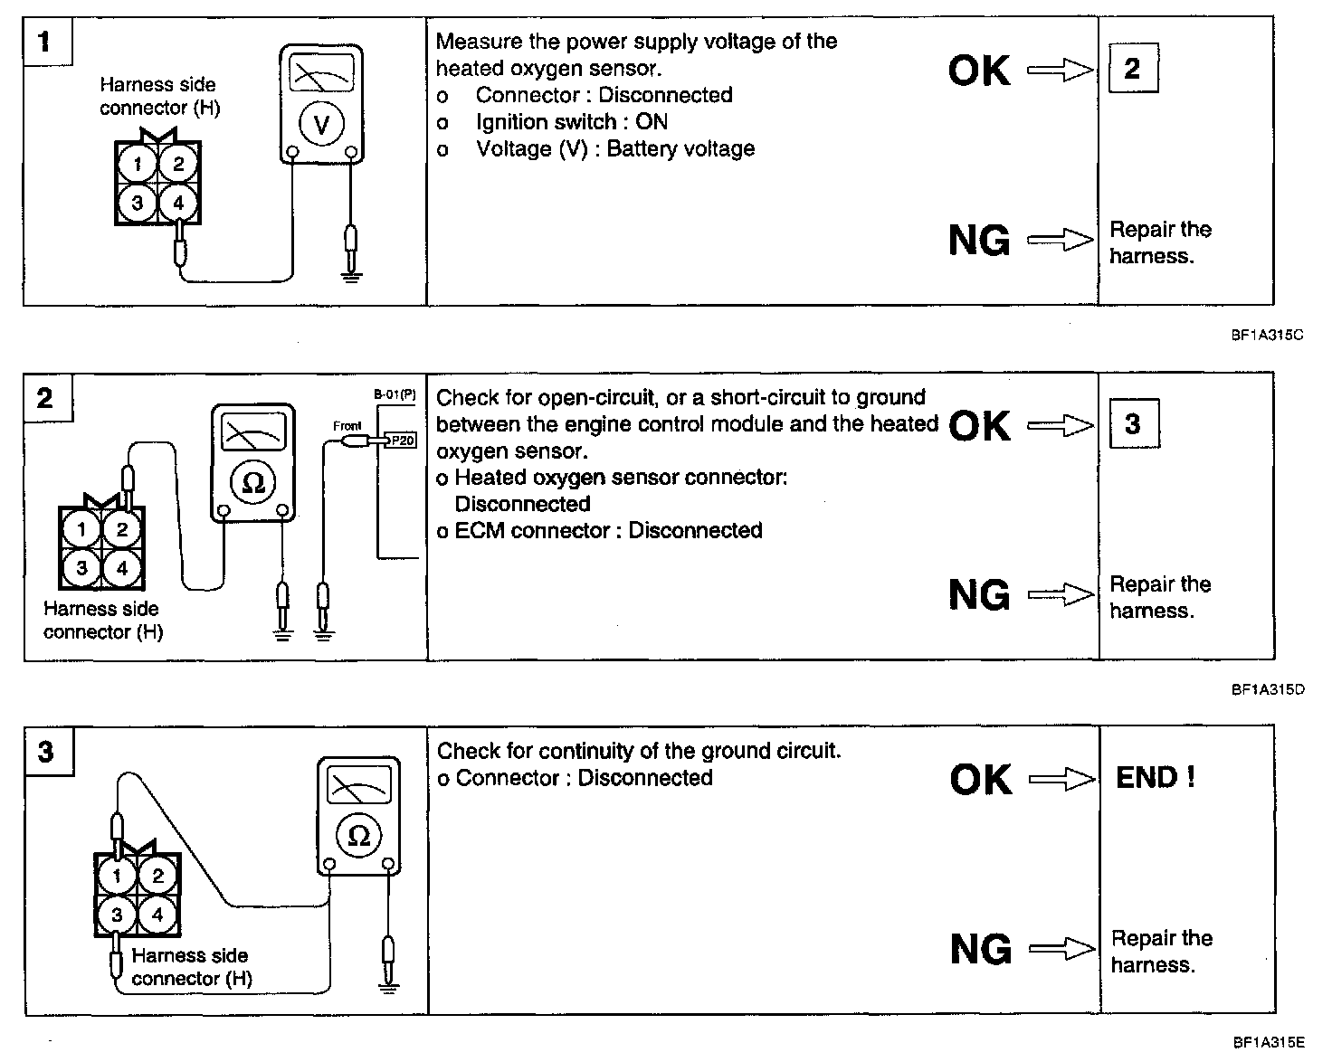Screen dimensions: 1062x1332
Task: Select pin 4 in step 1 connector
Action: click(x=178, y=202)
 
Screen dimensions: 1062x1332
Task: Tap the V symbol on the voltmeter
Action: click(x=321, y=126)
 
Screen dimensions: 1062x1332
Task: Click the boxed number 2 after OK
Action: click(x=1132, y=69)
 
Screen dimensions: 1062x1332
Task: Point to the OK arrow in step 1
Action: click(x=1061, y=71)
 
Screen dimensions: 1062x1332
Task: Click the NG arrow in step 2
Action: click(x=1061, y=595)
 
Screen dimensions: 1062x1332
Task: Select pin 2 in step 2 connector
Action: click(x=122, y=530)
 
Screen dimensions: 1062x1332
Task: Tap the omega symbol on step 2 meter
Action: click(x=253, y=482)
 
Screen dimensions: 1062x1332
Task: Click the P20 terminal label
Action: click(x=403, y=441)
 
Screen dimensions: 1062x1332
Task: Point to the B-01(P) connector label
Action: click(x=395, y=395)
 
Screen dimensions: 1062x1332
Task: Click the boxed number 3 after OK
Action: click(x=1133, y=424)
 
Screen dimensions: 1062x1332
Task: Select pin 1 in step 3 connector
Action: click(x=117, y=875)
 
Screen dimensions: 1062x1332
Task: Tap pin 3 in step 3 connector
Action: click(x=117, y=915)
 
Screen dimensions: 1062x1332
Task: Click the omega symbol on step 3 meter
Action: click(x=359, y=835)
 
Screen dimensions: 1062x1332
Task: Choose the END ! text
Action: click(x=1156, y=778)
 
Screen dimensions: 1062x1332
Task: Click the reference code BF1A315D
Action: click(x=1267, y=689)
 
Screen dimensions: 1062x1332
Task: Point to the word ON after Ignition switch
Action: click(x=652, y=122)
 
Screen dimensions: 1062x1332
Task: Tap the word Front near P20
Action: click(x=347, y=426)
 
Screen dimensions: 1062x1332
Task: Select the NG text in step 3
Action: click(x=981, y=949)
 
